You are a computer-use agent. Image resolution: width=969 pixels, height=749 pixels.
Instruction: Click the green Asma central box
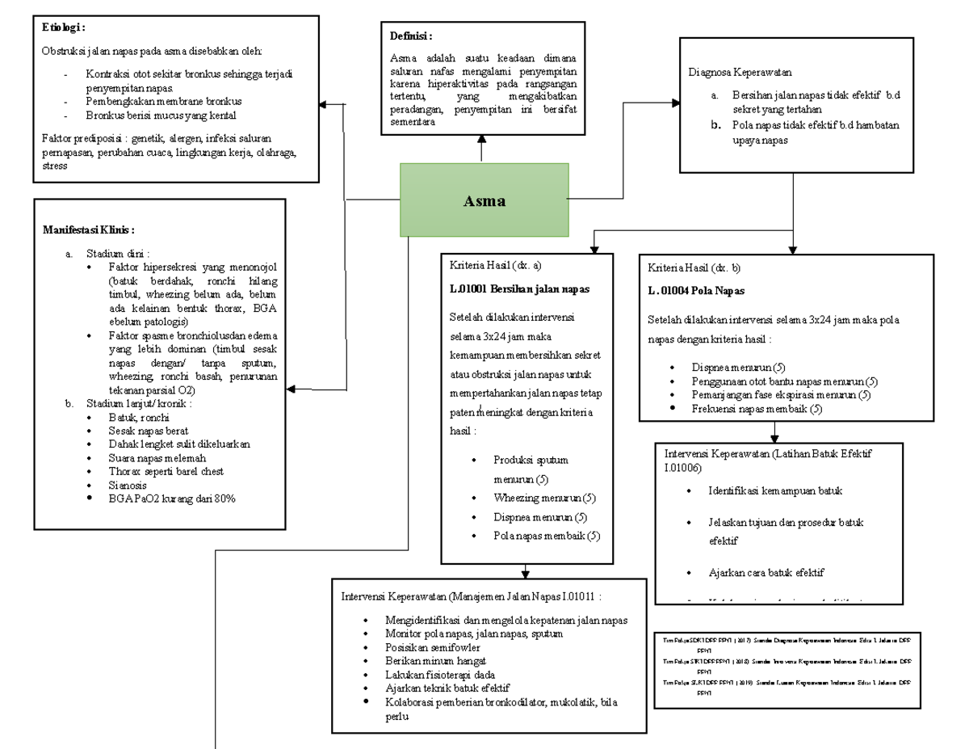[484, 200]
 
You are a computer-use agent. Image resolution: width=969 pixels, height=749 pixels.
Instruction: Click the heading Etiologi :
[65, 28]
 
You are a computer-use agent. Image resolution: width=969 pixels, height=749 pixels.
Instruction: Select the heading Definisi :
[411, 36]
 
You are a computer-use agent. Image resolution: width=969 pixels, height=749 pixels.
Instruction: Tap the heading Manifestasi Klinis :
[89, 230]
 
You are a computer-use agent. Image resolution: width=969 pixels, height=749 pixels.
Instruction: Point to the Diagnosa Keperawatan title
[740, 72]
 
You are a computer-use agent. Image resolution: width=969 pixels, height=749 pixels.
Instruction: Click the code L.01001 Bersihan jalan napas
[519, 288]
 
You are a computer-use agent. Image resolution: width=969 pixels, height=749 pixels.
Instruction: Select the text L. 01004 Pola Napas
[696, 290]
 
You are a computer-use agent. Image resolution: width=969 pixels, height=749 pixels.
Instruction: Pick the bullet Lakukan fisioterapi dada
[440, 674]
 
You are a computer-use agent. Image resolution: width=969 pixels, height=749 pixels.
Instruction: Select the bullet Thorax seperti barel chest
[166, 471]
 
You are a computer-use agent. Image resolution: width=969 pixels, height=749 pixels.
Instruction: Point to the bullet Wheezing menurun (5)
[544, 498]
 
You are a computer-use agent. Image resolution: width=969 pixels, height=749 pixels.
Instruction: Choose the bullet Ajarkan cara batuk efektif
[766, 573]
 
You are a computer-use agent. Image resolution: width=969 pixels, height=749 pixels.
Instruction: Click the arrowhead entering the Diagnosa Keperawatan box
[674, 103]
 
